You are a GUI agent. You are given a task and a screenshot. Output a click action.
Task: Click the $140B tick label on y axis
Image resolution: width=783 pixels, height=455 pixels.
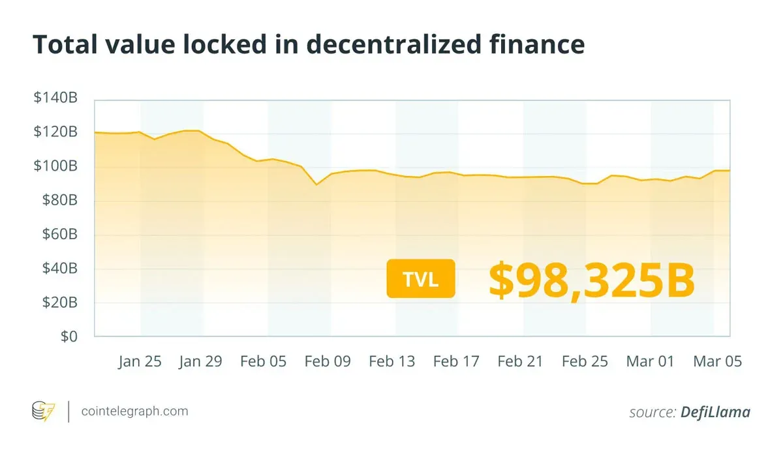55,98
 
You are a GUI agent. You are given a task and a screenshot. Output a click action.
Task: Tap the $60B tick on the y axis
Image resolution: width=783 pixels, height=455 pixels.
59,235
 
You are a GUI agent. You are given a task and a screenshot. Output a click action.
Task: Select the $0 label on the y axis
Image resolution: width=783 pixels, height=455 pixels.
69,336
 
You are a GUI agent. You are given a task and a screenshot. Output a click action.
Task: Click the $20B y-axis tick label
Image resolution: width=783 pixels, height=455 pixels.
59,302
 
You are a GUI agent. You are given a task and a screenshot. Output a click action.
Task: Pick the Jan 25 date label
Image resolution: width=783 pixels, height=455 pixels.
140,361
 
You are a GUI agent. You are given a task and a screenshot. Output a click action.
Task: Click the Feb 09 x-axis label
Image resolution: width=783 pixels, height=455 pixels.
328,361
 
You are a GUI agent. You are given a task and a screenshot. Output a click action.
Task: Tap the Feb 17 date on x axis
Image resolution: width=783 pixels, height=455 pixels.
456,361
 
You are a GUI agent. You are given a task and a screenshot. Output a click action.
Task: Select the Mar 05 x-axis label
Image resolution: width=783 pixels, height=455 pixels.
717,361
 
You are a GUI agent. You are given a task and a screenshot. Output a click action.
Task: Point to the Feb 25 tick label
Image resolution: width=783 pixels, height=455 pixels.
585,361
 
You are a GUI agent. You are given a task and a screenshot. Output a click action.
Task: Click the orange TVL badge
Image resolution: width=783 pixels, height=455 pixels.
420,279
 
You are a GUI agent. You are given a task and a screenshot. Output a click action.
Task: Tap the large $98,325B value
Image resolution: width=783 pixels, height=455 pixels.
591,279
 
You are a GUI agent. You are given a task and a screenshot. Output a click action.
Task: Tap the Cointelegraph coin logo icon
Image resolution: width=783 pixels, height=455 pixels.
44,411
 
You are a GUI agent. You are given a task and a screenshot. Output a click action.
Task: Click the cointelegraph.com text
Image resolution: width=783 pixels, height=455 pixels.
134,411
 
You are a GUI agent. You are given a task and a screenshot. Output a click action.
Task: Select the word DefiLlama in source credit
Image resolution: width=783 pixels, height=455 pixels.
715,412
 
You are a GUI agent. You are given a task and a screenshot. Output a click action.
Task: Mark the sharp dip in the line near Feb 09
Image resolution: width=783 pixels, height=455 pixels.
316,184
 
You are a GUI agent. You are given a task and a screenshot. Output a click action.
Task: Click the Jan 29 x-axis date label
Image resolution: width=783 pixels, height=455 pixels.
200,361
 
